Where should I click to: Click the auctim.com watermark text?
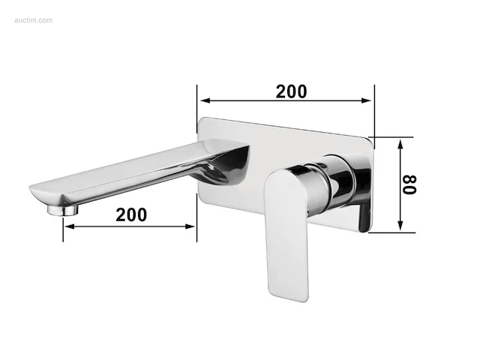point(33,20)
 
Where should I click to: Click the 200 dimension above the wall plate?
point(291,91)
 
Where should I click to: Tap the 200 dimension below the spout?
point(131,214)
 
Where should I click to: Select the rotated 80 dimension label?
point(409,185)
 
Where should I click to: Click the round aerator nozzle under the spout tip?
point(63,210)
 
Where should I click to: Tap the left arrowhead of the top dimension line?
point(205,100)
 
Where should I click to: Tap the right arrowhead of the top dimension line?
point(366,100)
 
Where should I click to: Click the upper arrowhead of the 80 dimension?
point(400,145)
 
